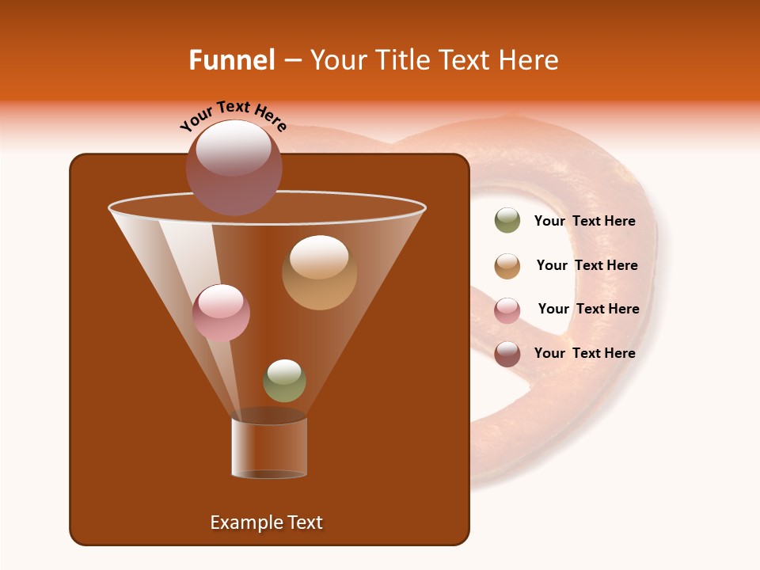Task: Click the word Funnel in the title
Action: click(x=232, y=60)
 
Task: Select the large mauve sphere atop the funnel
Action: click(x=234, y=168)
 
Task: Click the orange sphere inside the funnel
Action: click(x=319, y=272)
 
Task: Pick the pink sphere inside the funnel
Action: click(x=221, y=313)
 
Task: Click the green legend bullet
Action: click(x=507, y=221)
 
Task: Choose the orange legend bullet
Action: click(x=507, y=265)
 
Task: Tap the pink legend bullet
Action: click(x=507, y=310)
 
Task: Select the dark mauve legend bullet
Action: click(x=507, y=353)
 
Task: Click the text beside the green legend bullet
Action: click(x=584, y=221)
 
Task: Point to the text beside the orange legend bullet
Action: click(x=587, y=265)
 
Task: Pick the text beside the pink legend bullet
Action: click(x=588, y=309)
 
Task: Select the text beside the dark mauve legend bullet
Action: click(x=584, y=353)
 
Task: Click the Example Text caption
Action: click(x=266, y=522)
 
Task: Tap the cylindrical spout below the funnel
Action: click(x=269, y=447)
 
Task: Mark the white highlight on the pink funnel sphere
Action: click(x=221, y=300)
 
